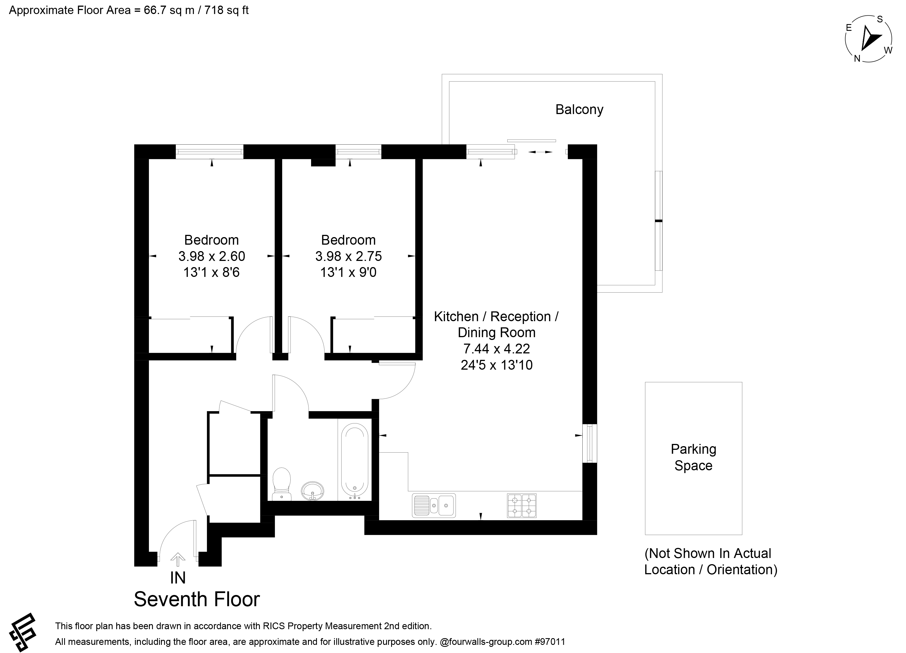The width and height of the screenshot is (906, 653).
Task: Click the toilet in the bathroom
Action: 282,484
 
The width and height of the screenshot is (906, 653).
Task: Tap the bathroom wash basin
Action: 312,491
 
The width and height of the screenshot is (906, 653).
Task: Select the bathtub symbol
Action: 355,460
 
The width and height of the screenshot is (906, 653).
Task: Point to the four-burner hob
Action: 522,506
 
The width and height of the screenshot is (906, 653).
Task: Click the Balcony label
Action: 579,110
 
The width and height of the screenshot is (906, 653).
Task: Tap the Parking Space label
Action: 693,457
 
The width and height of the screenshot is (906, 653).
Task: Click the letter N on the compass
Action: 857,58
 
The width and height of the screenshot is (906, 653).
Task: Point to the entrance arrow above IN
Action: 178,559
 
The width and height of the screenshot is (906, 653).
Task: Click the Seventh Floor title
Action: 197,599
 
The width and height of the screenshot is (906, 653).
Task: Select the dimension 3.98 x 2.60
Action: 212,256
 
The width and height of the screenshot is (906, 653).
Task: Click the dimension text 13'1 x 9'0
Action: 348,272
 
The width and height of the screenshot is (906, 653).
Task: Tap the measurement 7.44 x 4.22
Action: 497,349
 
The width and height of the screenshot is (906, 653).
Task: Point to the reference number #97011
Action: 550,642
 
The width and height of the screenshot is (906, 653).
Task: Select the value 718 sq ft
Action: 226,10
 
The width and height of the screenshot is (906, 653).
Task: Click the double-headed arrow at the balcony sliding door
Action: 540,152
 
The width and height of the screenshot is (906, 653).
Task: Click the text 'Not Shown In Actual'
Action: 708,554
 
